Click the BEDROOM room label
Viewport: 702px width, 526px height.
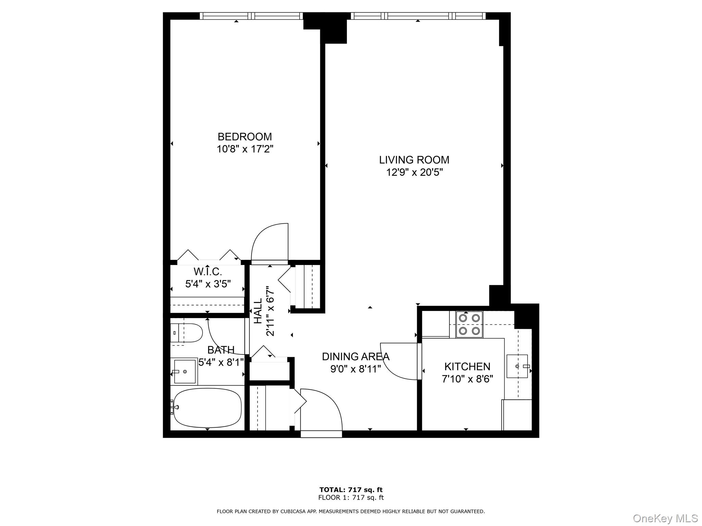tap(244, 137)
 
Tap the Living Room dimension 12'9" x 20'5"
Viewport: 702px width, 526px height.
tap(414, 172)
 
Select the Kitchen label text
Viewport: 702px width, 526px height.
tap(467, 366)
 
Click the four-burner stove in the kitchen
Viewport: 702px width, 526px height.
tap(469, 324)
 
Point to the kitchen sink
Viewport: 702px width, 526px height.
tap(518, 366)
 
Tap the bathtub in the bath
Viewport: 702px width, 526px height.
tap(207, 408)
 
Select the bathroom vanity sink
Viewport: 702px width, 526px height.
tap(184, 372)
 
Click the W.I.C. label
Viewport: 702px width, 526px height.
tap(208, 272)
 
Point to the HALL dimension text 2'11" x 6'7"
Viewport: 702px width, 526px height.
tap(270, 311)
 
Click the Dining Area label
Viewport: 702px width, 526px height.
tap(355, 356)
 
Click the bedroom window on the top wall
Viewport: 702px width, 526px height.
tap(251, 16)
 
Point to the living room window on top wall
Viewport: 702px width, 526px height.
tap(418, 16)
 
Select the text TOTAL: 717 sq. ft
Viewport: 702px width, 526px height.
tap(351, 490)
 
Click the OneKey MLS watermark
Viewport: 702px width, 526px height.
tap(665, 518)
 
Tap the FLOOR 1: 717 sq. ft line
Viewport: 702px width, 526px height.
tap(351, 498)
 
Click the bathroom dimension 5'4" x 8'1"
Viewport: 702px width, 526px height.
tap(221, 362)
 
